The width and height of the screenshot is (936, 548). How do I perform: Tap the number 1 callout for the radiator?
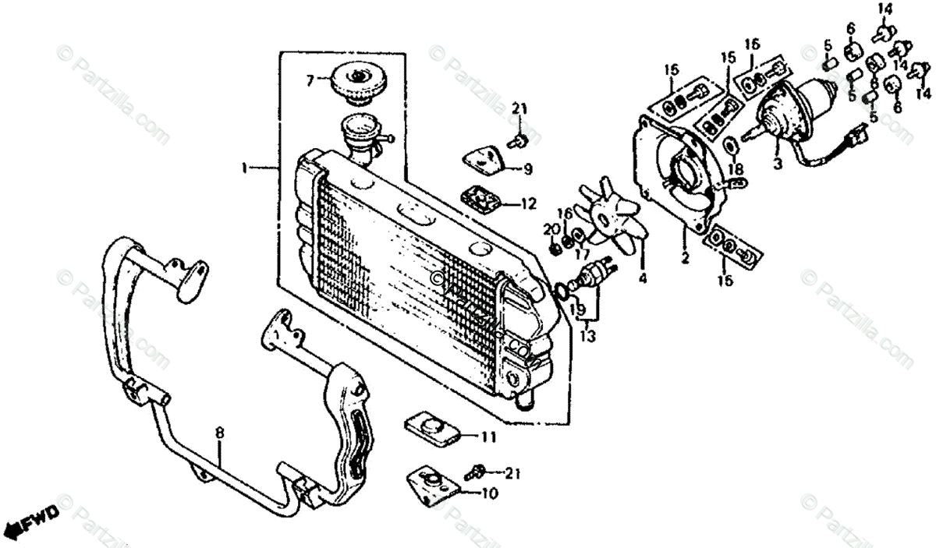point(245,168)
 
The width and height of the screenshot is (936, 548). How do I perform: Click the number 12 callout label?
point(529,204)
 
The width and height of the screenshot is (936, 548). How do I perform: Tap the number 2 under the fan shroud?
point(684,258)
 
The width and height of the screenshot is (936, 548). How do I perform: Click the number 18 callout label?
point(736,169)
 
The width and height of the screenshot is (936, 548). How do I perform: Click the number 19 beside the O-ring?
point(577,309)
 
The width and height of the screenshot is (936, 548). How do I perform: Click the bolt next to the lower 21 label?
point(473,472)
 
